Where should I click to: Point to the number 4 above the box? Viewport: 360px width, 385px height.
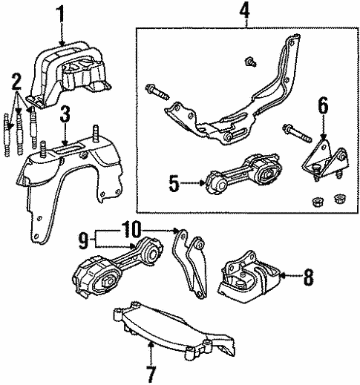tap(245, 11)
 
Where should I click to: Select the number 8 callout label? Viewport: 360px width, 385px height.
tap(308, 277)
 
